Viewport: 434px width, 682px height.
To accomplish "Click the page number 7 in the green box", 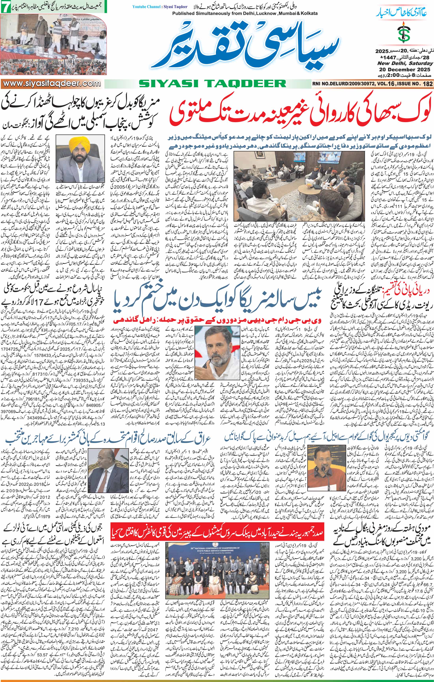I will pos(5,8).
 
